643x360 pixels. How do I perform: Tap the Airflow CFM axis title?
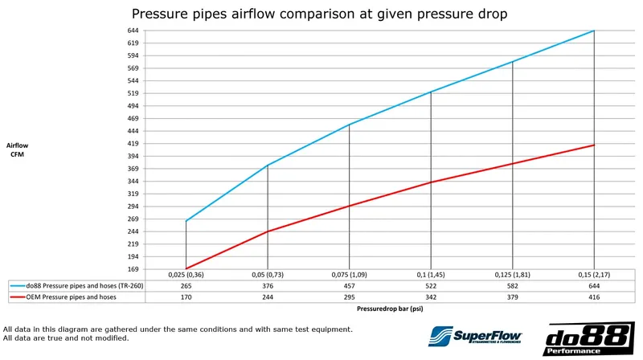point(18,150)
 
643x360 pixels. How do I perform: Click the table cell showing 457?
point(350,285)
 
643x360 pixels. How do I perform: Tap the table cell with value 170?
point(186,297)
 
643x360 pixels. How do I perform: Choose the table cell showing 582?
point(512,285)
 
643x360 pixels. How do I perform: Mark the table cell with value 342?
point(431,297)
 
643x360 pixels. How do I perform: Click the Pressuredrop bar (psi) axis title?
point(390,309)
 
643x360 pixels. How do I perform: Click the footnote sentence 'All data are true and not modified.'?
point(66,337)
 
